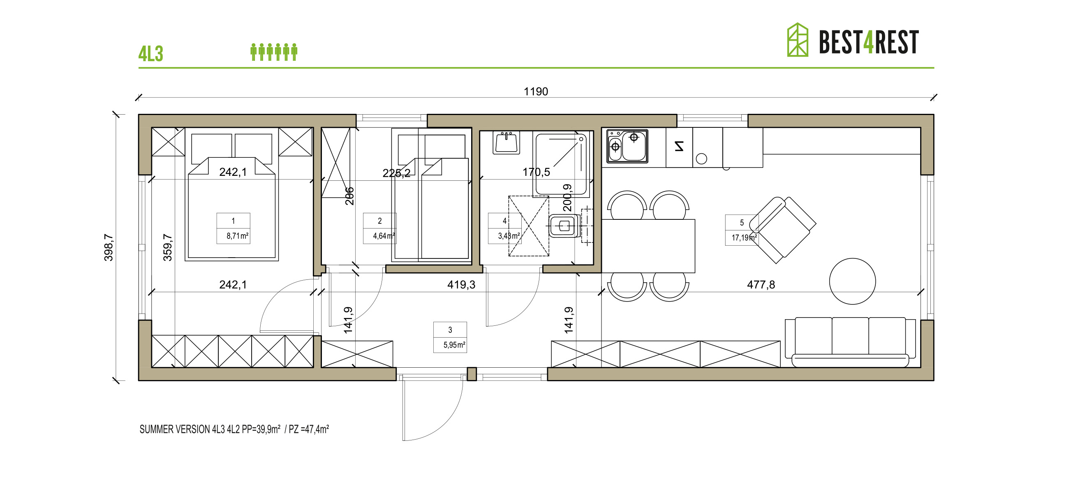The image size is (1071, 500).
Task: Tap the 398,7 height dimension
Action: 109,247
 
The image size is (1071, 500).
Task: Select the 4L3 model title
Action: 150,54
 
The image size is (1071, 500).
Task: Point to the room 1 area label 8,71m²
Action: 237,236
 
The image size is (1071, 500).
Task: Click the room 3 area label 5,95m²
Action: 453,345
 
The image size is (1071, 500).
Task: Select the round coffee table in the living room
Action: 852,281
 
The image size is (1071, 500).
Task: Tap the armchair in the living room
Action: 783,229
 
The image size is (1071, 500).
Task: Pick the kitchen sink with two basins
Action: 627,146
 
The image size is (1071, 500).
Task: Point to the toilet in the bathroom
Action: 564,226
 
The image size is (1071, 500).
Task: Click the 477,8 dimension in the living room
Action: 761,285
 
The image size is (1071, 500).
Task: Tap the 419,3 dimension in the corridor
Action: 460,285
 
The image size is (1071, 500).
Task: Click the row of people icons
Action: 273,52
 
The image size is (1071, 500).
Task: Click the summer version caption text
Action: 234,429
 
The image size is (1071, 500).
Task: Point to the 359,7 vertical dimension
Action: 168,247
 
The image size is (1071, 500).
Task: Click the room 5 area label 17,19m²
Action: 743,238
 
